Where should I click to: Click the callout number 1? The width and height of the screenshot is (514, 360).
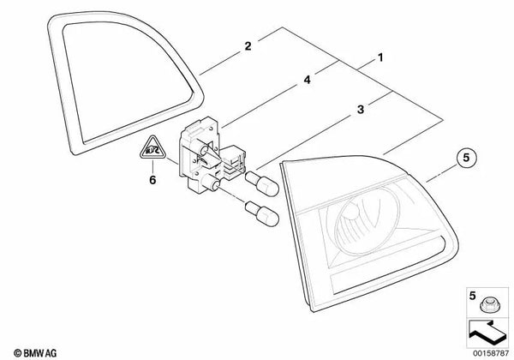pyautogui.click(x=380, y=57)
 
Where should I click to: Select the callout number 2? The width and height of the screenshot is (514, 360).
pyautogui.click(x=248, y=46)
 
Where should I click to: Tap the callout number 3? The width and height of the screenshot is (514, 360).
pyautogui.click(x=361, y=109)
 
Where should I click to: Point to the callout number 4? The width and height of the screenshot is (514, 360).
pyautogui.click(x=307, y=80)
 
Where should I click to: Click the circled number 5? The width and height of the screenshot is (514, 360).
pyautogui.click(x=466, y=158)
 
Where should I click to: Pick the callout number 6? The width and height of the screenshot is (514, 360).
pyautogui.click(x=152, y=180)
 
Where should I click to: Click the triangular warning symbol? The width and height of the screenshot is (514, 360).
pyautogui.click(x=152, y=148)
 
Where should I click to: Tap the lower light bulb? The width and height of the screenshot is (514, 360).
pyautogui.click(x=262, y=214)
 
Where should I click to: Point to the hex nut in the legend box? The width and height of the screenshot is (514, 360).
pyautogui.click(x=487, y=305)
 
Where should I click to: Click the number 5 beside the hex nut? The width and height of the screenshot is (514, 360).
pyautogui.click(x=472, y=296)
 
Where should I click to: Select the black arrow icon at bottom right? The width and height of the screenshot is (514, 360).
pyautogui.click(x=486, y=332)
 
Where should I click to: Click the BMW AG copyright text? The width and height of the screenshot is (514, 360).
pyautogui.click(x=35, y=353)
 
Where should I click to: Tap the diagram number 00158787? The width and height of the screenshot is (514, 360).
pyautogui.click(x=491, y=353)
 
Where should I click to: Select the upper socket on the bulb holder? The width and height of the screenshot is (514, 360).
pyautogui.click(x=202, y=149)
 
